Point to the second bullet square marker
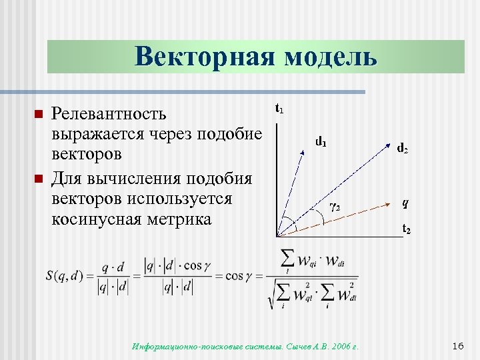coord(38,178)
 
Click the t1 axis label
coord(279,108)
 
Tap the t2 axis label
coord(405,230)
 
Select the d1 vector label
coord(321,141)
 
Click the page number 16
coord(457,345)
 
